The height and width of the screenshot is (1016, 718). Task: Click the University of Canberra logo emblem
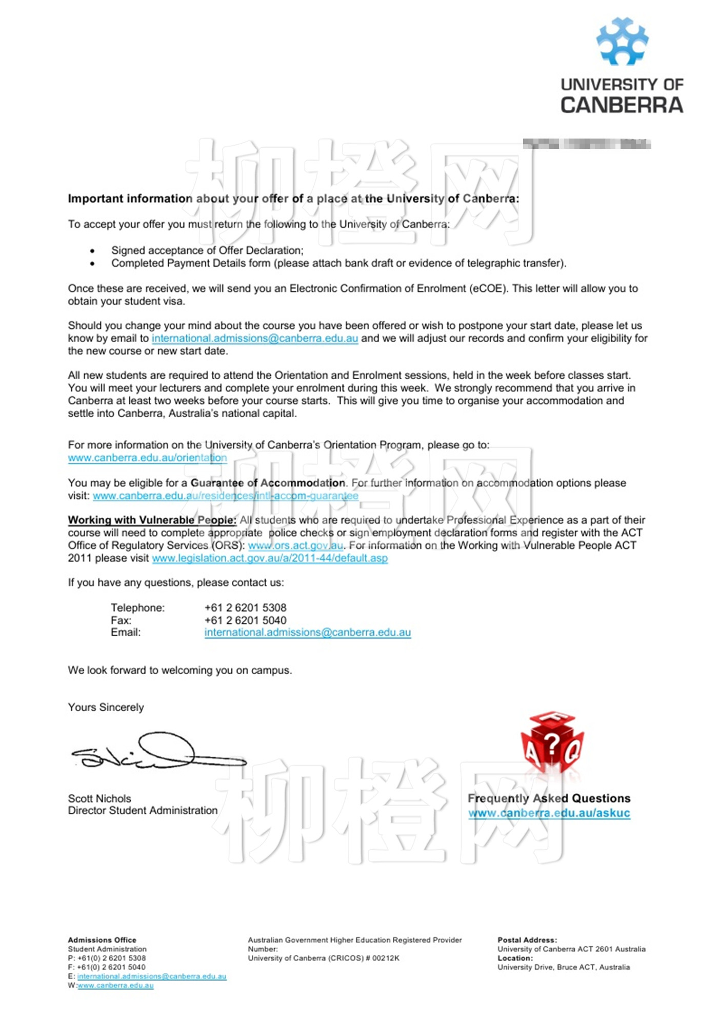(x=622, y=42)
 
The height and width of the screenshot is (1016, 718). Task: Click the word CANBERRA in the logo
(x=622, y=105)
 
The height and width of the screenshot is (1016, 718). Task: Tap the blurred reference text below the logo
(x=587, y=144)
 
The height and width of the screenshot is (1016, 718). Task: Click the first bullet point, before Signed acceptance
(x=92, y=251)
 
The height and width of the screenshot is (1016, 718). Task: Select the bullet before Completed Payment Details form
(x=92, y=264)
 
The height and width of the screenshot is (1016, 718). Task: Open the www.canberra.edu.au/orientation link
(x=147, y=458)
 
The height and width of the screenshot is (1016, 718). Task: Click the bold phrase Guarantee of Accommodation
(x=268, y=483)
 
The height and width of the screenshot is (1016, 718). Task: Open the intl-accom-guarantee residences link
(x=226, y=496)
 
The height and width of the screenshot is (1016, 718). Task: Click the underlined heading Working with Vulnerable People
(x=152, y=520)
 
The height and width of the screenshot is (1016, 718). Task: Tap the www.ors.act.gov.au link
(x=296, y=545)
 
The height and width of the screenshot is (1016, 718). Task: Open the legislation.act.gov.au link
(x=270, y=558)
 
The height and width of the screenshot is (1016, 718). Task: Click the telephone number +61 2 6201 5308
(x=245, y=608)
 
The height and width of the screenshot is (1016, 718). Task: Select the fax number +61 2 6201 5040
(x=245, y=620)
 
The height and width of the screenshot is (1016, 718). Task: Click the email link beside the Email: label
(x=308, y=633)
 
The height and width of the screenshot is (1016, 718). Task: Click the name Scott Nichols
(x=99, y=798)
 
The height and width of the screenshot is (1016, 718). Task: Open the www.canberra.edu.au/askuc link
(x=549, y=813)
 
